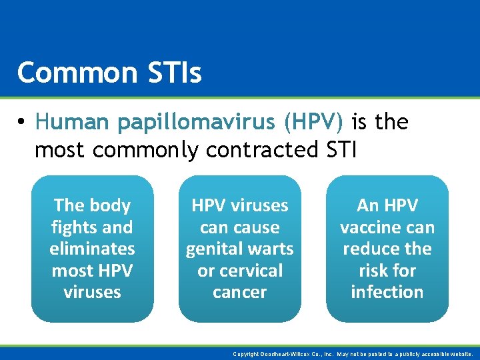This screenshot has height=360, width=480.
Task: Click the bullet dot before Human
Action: click(x=22, y=123)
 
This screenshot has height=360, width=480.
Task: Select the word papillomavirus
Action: click(x=196, y=123)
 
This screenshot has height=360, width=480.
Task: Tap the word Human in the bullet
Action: click(x=71, y=122)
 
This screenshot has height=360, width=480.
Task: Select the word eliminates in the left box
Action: click(x=92, y=249)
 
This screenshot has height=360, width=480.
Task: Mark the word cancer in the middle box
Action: click(x=239, y=292)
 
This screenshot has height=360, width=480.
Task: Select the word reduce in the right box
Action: click(x=371, y=249)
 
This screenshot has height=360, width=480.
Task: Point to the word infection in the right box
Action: click(x=387, y=292)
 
